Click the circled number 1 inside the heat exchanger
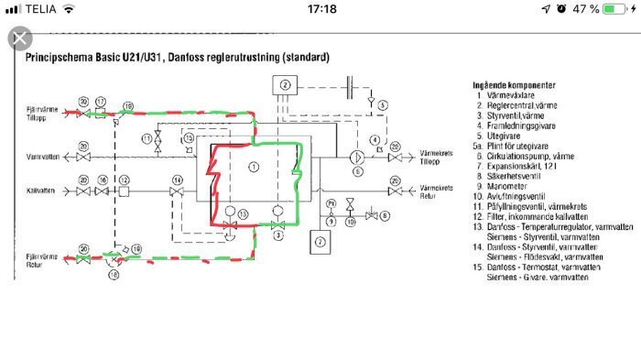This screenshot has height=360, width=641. (255, 166)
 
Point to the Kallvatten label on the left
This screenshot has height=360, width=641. (42, 191)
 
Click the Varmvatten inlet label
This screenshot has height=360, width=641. (42, 157)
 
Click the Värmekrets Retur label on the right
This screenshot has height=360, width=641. (439, 191)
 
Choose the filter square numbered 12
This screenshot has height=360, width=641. (123, 191)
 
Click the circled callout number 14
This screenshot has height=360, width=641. (176, 180)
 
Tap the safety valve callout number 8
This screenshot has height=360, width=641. (385, 215)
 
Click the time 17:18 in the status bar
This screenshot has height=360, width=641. (320, 9)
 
